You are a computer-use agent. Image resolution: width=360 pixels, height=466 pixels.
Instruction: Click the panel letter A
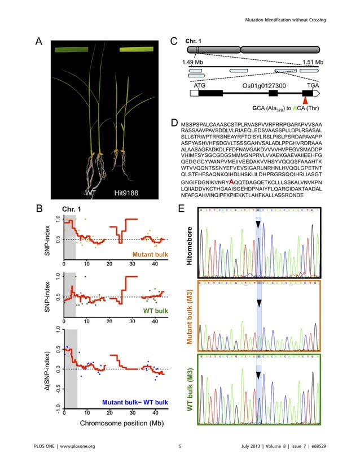point(39,41)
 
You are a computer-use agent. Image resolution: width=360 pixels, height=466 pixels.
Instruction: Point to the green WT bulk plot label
point(151,311)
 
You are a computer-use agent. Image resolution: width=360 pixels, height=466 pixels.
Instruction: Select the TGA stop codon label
point(307,85)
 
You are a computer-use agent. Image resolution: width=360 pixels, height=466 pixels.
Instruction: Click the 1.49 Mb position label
point(192,62)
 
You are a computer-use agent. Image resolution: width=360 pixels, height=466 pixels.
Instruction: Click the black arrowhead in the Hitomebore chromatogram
point(257,225)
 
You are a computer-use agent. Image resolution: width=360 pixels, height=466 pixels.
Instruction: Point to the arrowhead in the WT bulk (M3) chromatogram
point(257,374)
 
